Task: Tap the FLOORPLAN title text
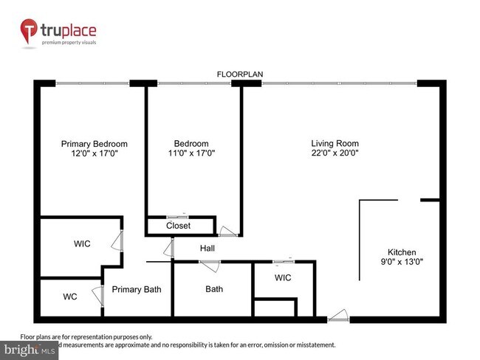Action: [239, 75]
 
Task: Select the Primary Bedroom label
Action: [94, 144]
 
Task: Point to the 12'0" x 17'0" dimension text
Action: [94, 153]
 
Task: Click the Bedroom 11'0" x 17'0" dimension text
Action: [191, 153]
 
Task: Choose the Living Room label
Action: [335, 144]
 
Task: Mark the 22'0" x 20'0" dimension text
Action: [335, 153]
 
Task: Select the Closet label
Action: [178, 226]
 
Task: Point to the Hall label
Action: [207, 249]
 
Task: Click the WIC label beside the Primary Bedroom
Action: [82, 243]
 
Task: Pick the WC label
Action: [70, 297]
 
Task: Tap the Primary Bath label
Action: [137, 289]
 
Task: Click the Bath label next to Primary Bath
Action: [214, 289]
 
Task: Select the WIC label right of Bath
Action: [282, 278]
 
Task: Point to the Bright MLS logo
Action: [30, 347]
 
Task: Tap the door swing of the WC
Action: [98, 297]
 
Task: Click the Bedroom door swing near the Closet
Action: [228, 232]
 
